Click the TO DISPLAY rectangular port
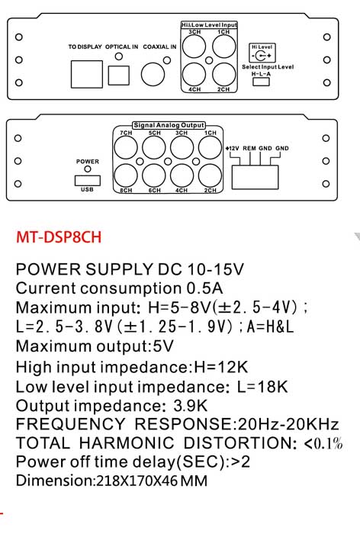(86, 74)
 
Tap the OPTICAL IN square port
(118, 76)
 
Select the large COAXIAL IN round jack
(153, 74)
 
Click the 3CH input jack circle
(194, 47)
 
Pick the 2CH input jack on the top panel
(223, 74)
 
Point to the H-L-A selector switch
(261, 82)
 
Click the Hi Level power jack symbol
(262, 55)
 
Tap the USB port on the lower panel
(88, 181)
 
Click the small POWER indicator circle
(88, 169)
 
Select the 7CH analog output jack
(125, 148)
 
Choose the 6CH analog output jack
(153, 175)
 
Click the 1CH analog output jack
(211, 148)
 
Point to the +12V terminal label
(233, 149)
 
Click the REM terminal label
(249, 149)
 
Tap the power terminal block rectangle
(255, 177)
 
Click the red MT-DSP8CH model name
(59, 236)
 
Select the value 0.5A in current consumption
(204, 288)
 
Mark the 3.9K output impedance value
(190, 406)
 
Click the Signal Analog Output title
(169, 125)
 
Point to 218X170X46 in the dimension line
(137, 481)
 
